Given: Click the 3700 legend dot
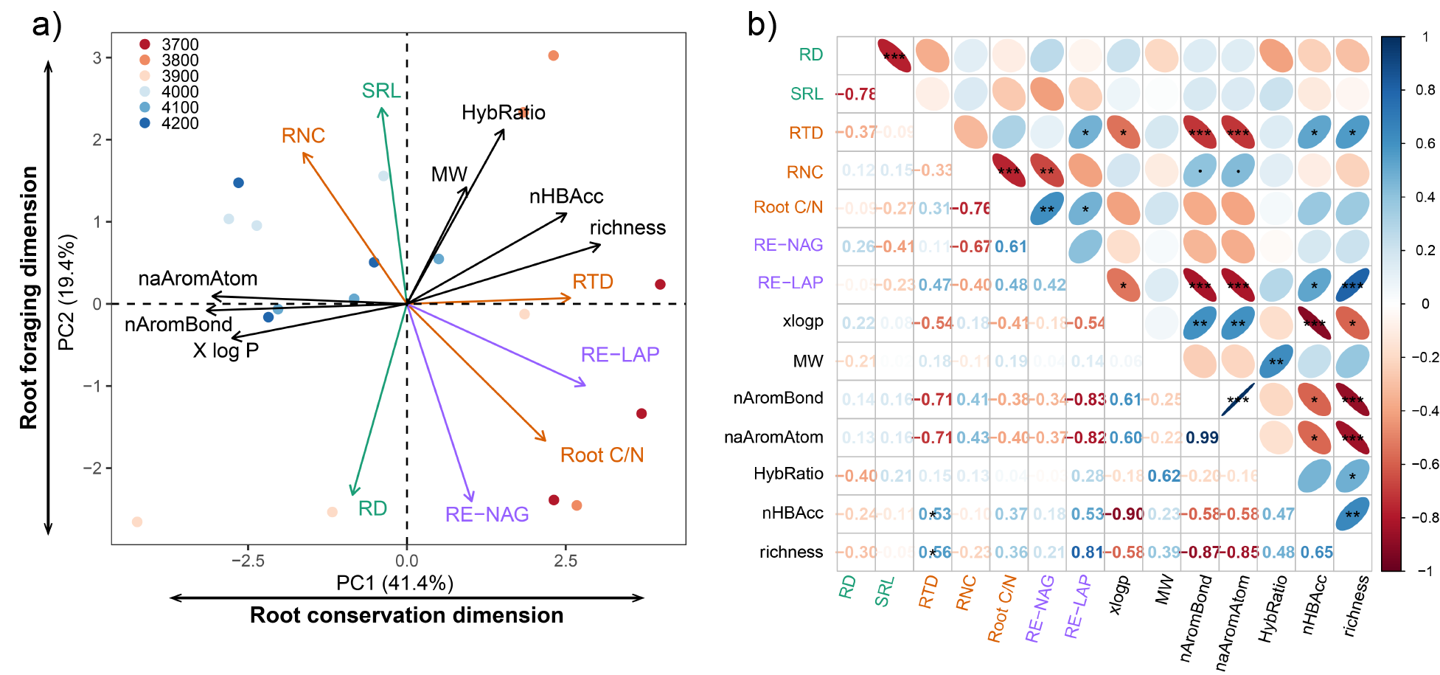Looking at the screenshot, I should (145, 45).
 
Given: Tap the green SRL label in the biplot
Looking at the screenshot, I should (380, 91).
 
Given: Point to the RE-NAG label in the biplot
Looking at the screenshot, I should (487, 514).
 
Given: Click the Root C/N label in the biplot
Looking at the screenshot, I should (602, 455).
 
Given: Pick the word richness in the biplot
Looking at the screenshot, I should (627, 227).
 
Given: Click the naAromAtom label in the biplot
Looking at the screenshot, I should (198, 278).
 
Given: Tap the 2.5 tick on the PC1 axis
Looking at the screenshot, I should (566, 561).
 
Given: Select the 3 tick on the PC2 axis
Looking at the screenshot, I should (97, 58).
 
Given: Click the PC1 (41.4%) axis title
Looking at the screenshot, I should (394, 583).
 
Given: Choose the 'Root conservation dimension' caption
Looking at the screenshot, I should (406, 615).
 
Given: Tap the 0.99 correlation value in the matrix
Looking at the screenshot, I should (1202, 437).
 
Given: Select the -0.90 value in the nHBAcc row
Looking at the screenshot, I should (1124, 513).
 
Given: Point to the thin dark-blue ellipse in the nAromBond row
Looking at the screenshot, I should (1238, 399).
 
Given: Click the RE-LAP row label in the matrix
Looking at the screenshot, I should (790, 283).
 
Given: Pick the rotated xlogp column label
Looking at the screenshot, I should (1120, 595).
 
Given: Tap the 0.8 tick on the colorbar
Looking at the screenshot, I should (1425, 90).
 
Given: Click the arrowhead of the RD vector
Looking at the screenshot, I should (352, 493).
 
